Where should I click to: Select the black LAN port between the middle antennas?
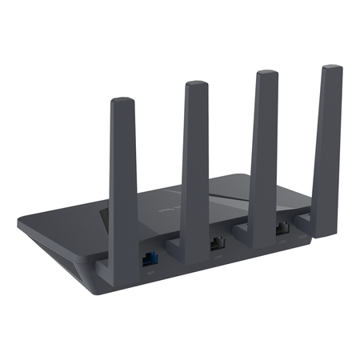click(218, 242)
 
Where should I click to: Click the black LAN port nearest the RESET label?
click(282, 229)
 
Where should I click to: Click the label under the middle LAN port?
click(218, 256)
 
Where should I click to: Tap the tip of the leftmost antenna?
click(122, 102)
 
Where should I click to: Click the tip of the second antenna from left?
click(196, 86)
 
